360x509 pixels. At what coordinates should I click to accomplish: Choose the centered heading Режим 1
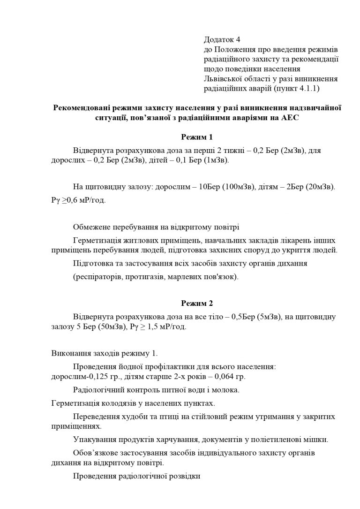point(197,137)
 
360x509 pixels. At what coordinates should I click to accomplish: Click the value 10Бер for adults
point(209,187)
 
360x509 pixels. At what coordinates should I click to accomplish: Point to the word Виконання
point(67,353)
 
